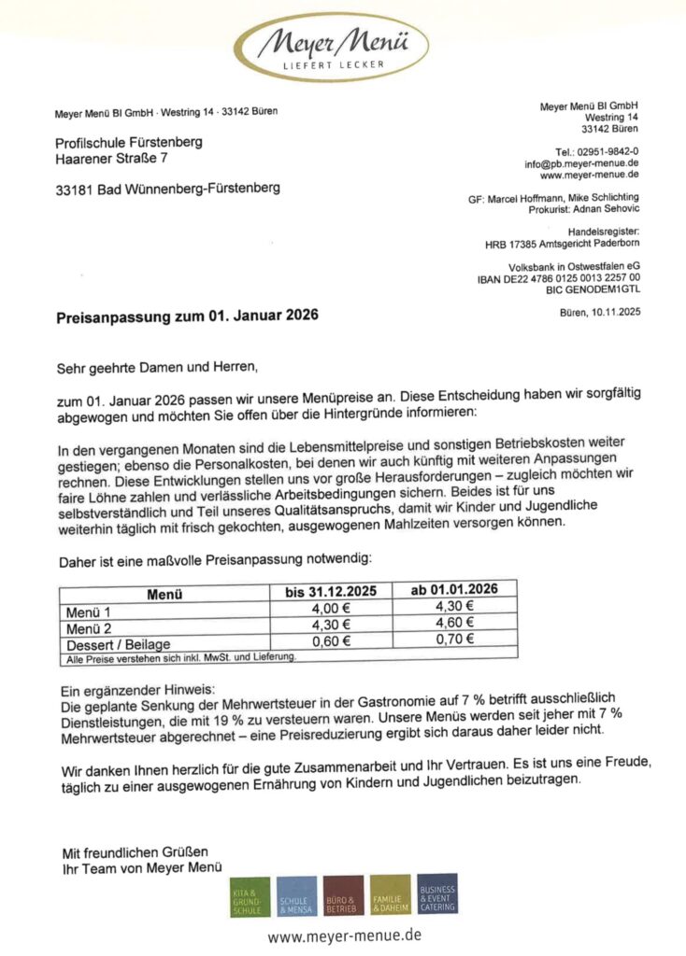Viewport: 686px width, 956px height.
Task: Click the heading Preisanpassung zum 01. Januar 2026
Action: [188, 315]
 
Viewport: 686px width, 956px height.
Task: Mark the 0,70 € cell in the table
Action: [455, 640]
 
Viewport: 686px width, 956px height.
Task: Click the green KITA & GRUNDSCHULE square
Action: [250, 897]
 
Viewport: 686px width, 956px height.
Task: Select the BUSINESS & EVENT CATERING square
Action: [437, 895]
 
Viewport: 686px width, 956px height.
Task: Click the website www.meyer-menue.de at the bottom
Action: [344, 935]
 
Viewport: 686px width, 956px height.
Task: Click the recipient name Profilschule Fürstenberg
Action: [129, 143]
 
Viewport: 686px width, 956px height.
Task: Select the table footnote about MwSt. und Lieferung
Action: [180, 658]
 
